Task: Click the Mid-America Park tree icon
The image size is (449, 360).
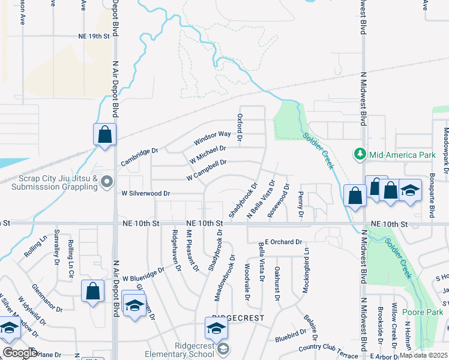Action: (x=360, y=154)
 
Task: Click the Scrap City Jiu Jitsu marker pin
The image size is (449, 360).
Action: (x=107, y=181)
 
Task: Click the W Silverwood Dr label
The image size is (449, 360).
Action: (x=146, y=194)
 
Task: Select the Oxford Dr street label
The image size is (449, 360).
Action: (x=240, y=127)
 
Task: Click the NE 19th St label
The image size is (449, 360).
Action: (x=94, y=36)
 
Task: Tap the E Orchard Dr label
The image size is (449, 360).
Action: (x=282, y=242)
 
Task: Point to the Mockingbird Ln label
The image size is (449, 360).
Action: (x=306, y=263)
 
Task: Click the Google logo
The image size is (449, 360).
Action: (x=20, y=353)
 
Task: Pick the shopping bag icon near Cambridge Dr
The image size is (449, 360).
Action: (x=104, y=135)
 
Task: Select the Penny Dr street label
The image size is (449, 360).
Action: (x=301, y=205)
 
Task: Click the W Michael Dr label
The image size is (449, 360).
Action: (x=208, y=154)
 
